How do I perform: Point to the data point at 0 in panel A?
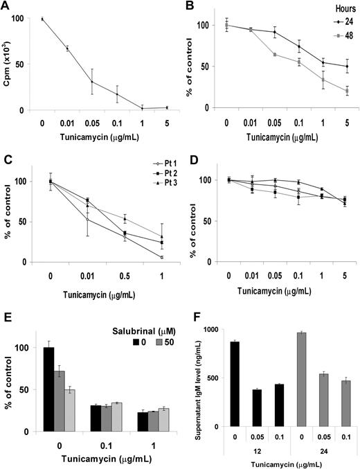[x=42, y=19]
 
